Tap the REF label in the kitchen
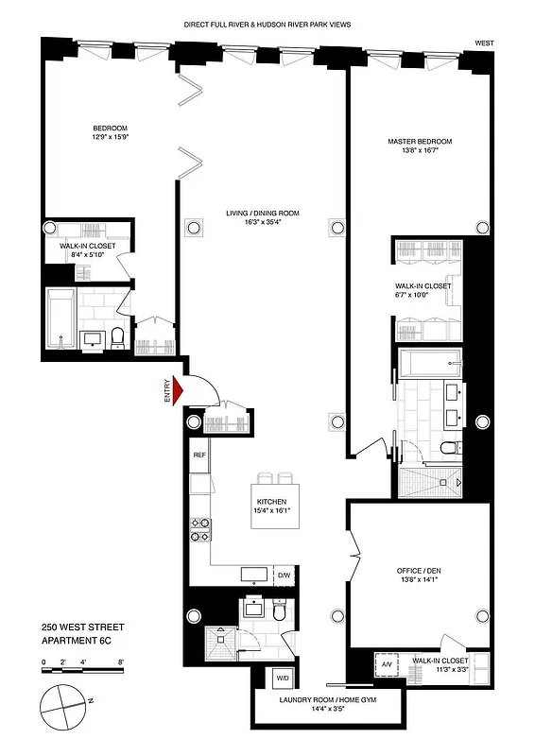tap(199, 455)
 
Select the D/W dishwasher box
tap(283, 575)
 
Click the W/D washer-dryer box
tap(283, 678)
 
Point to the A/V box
tap(386, 664)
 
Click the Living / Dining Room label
tap(268, 214)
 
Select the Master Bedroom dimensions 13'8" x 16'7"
tap(420, 150)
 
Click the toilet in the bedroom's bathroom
tap(117, 335)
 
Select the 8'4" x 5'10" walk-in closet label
tap(87, 253)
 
